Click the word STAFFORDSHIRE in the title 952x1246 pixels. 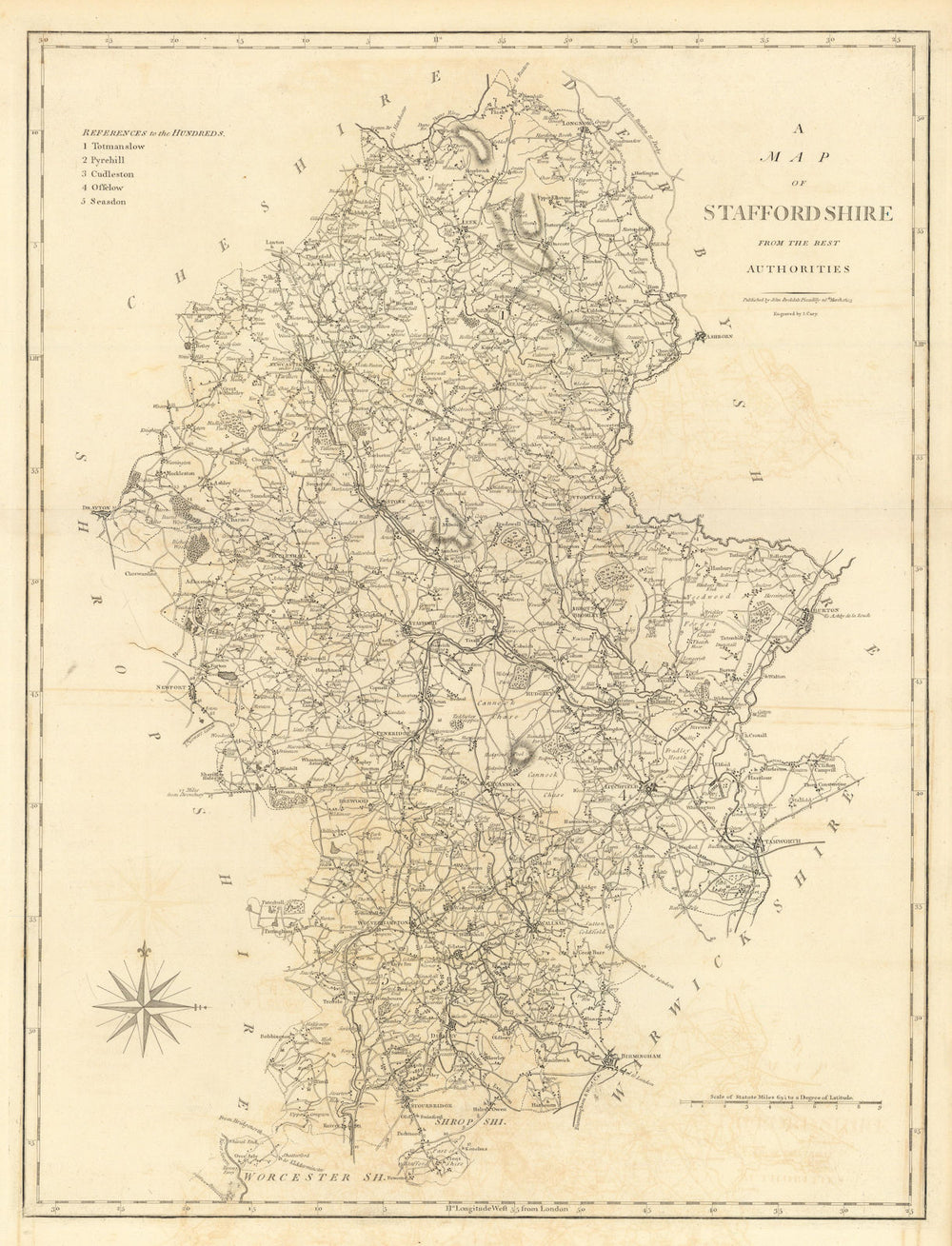[798, 213]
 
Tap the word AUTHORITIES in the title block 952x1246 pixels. [798, 269]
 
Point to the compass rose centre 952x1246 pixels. [144, 1004]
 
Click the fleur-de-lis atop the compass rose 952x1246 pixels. [144, 951]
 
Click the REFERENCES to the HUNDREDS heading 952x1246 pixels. [152, 132]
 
